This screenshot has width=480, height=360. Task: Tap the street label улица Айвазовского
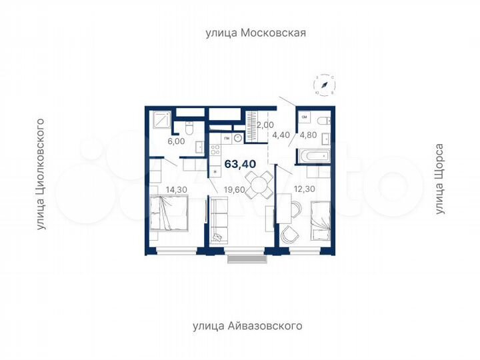pyautogui.click(x=247, y=326)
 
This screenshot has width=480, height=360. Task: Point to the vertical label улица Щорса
pyautogui.click(x=439, y=179)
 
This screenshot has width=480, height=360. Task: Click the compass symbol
pyautogui.click(x=323, y=85)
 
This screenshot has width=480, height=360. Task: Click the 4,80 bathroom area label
pyautogui.click(x=309, y=133)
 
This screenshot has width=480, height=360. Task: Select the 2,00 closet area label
pyautogui.click(x=265, y=124)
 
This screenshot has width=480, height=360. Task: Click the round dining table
pyautogui.click(x=257, y=182)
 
